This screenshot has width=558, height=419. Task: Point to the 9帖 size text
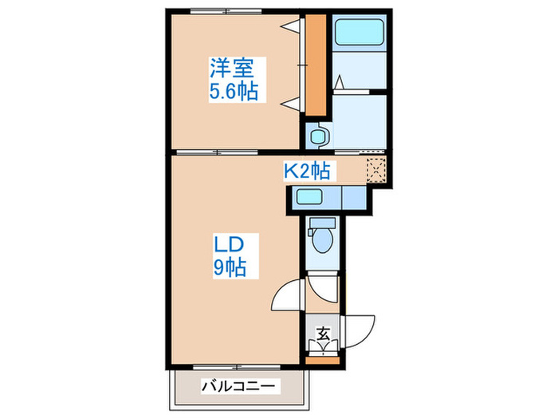[x=228, y=267]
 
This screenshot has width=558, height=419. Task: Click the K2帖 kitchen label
[x=309, y=170]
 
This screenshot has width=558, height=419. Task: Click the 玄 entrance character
[x=323, y=334]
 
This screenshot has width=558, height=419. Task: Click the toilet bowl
[x=323, y=236]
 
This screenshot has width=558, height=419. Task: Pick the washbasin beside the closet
[x=316, y=135]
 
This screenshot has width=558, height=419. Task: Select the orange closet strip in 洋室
[x=317, y=64]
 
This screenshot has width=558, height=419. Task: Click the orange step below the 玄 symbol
[x=323, y=360]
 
